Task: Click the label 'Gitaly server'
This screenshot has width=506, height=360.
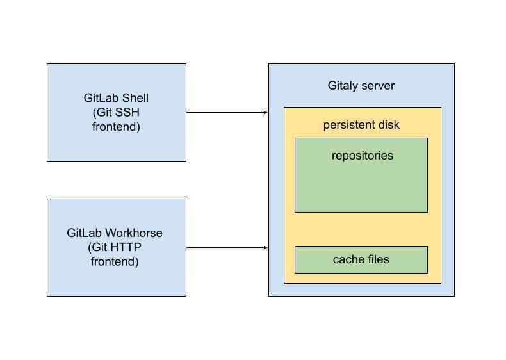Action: [361, 86]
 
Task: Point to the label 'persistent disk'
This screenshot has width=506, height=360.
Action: [361, 125]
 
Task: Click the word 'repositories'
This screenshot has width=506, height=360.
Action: [362, 156]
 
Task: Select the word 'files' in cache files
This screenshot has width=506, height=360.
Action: [377, 260]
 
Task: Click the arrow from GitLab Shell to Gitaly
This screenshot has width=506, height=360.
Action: [224, 113]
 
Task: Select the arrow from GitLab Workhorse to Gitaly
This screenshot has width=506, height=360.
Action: [224, 247]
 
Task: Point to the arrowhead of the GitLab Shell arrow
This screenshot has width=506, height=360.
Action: [265, 113]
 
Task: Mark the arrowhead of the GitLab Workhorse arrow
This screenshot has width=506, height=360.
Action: [265, 247]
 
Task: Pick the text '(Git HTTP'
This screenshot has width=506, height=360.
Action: [116, 247]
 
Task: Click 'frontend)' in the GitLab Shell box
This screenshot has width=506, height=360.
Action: [116, 127]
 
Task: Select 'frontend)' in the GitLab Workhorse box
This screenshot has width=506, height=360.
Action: [116, 261]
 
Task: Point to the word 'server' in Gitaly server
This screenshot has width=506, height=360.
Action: [379, 86]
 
